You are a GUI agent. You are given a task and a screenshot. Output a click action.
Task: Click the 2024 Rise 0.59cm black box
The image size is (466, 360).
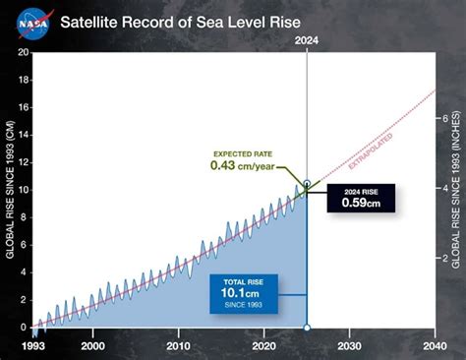pyautogui.click(x=359, y=197)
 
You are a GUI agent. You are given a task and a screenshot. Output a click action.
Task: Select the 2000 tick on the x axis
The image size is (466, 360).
pyautogui.click(x=92, y=345)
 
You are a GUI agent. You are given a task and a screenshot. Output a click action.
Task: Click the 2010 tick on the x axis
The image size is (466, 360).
pyautogui.click(x=178, y=345)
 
